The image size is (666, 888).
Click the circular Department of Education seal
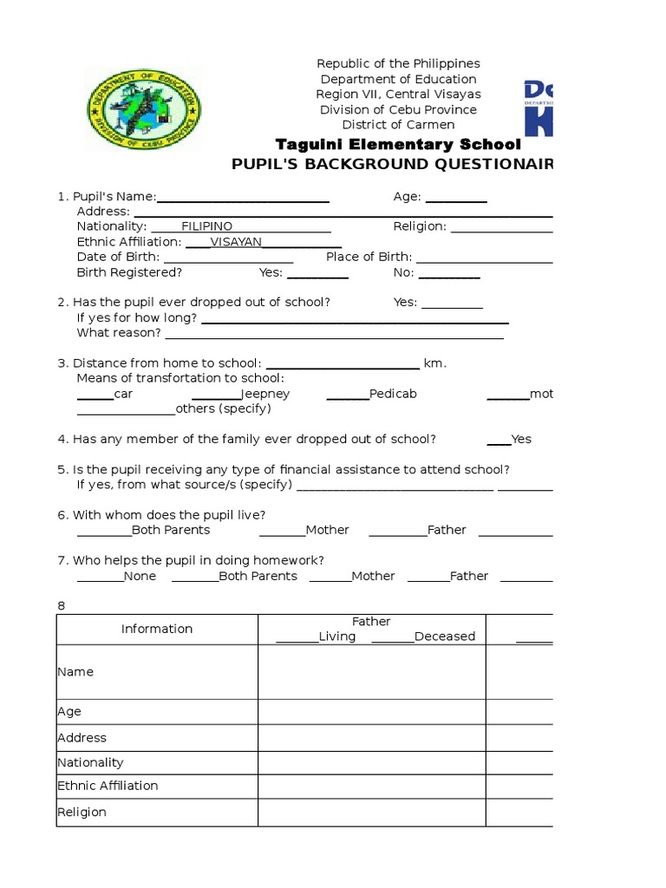click(x=143, y=111)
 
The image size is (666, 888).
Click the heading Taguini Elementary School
click(x=398, y=144)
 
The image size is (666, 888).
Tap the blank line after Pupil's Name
click(x=242, y=199)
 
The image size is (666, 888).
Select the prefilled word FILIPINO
click(x=206, y=226)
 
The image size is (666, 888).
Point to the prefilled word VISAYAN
click(x=236, y=242)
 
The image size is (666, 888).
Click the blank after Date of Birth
click(x=228, y=258)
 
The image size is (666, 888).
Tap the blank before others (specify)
click(x=126, y=410)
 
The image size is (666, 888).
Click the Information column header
click(x=157, y=629)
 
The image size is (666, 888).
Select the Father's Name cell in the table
click(x=371, y=672)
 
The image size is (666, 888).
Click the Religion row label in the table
click(x=82, y=813)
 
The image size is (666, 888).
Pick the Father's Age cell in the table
click(x=371, y=712)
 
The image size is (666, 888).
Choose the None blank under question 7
click(x=100, y=578)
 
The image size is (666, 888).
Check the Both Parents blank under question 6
click(x=104, y=532)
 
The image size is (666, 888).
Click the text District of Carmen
click(x=398, y=125)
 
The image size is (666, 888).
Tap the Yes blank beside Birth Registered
click(x=317, y=274)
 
